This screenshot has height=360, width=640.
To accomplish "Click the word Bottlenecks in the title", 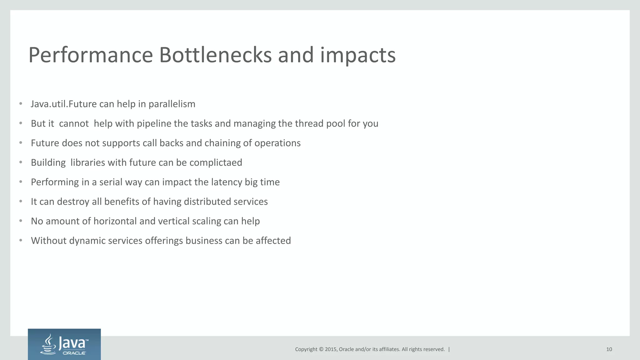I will [x=215, y=55].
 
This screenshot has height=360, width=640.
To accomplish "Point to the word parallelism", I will [x=172, y=104].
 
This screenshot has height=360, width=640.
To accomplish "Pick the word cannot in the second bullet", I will [x=74, y=124].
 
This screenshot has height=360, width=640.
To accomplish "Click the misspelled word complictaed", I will [x=216, y=163].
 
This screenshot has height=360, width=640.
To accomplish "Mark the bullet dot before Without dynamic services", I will [x=21, y=240].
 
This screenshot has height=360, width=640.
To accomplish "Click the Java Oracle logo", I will [x=64, y=344].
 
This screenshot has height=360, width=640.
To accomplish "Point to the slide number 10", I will [x=609, y=349].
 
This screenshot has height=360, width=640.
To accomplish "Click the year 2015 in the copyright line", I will [x=331, y=349].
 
